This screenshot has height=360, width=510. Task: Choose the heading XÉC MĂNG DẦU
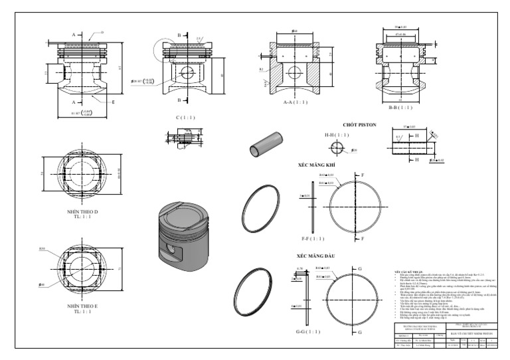[317, 256]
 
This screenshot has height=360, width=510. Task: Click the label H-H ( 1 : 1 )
[335, 135]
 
